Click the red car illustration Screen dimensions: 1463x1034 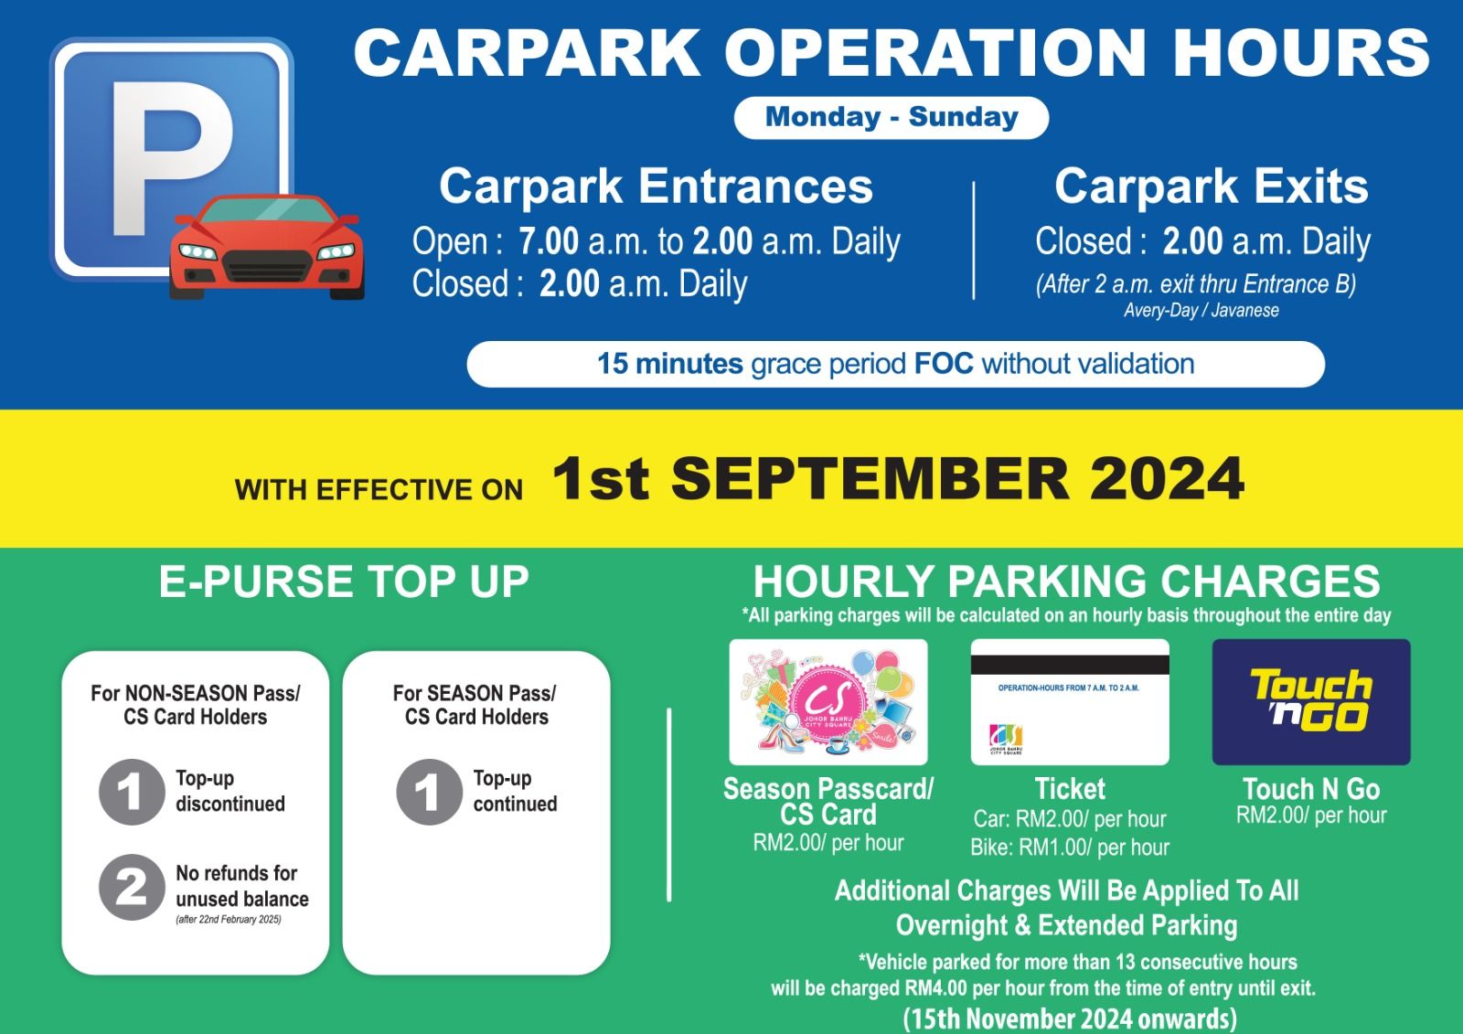coord(266,247)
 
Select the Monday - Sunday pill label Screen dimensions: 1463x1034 coord(892,118)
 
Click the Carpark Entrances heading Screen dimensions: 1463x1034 coord(656,187)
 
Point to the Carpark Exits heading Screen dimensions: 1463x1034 coord(1211,187)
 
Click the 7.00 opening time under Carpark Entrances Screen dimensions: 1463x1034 coord(549,241)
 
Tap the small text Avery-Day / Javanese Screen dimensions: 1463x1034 coord(1201,310)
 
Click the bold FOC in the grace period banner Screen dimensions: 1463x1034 coord(944,364)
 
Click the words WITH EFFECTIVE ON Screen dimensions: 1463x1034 coord(379,490)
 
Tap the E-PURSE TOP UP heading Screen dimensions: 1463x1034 coord(344,581)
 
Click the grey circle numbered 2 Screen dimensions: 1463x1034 coord(132,887)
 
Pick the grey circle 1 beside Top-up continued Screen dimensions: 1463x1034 coord(429,792)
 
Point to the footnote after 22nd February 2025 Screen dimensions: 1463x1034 coord(229,920)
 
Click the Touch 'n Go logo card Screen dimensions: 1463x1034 coord(1311,701)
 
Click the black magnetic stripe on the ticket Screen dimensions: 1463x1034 coord(1070,665)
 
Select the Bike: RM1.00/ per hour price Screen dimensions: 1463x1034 coord(1070,847)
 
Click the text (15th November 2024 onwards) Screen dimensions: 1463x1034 coord(1070,1018)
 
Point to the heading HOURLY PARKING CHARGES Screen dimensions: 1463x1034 coord(1066,581)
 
